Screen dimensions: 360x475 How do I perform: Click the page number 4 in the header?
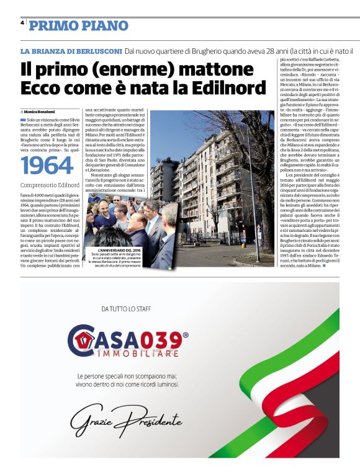point(22,23)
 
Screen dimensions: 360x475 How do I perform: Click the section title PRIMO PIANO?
point(79,25)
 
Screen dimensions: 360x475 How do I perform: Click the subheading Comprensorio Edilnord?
point(48,185)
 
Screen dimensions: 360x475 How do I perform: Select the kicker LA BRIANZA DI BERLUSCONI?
point(70,50)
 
